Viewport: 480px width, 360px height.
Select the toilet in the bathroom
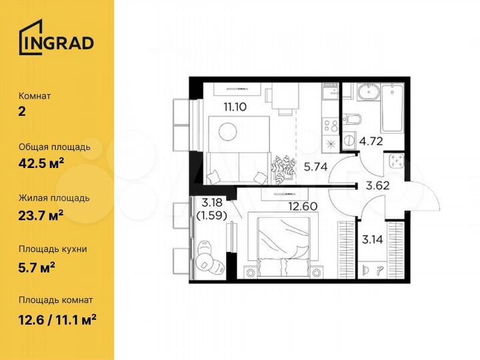(353, 119)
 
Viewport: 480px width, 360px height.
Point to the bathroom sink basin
(366, 92)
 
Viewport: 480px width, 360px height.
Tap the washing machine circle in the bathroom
(348, 141)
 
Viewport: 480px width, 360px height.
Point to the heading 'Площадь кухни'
(53, 249)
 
